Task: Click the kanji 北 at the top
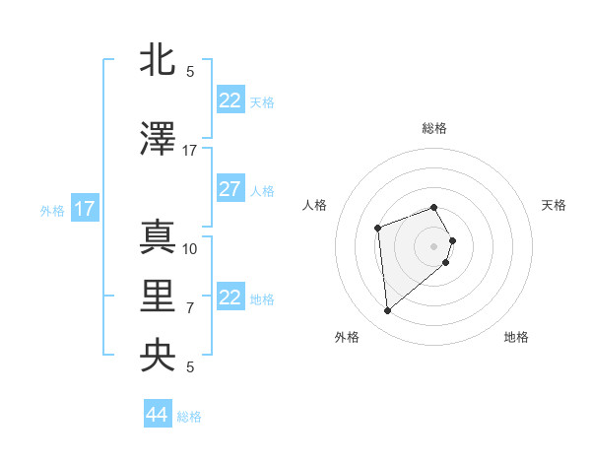(159, 61)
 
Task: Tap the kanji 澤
(159, 140)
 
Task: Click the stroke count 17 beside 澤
(190, 151)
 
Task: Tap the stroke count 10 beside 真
(190, 249)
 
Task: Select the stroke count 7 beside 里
(190, 308)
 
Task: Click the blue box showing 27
(230, 189)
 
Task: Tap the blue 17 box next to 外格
(85, 209)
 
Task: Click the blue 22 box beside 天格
(230, 100)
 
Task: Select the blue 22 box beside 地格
(230, 298)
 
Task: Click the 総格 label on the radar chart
(434, 128)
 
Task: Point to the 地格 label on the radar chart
(516, 337)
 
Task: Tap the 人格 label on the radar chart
(315, 205)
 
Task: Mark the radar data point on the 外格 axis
(388, 311)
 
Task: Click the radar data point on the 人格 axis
(377, 229)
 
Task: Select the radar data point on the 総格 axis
(434, 208)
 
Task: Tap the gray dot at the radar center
(434, 245)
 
